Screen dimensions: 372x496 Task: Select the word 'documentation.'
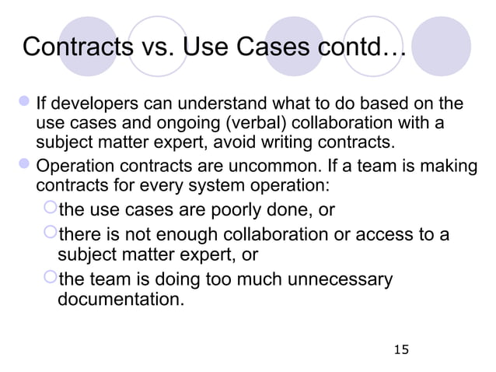pos(122,299)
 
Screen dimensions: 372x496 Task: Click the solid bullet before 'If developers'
pos(23,106)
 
